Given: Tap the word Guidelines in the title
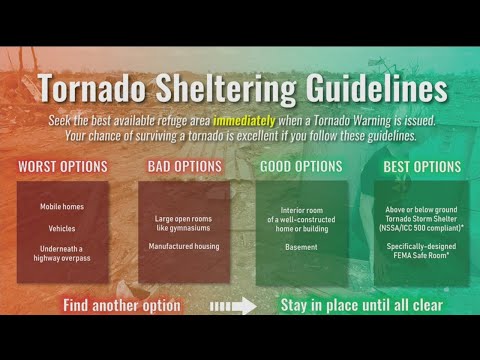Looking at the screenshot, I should pyautogui.click(x=371, y=88).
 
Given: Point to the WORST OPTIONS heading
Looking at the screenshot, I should pyautogui.click(x=63, y=166).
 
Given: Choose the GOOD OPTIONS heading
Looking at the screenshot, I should pyautogui.click(x=301, y=166).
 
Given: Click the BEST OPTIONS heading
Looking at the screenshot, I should pyautogui.click(x=417, y=166).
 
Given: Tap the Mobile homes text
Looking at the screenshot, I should pyautogui.click(x=63, y=206).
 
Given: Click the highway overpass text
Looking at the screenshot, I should pyautogui.click(x=63, y=258).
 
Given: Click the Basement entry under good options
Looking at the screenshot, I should pyautogui.click(x=301, y=246).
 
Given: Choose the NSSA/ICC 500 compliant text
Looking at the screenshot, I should pyautogui.click(x=420, y=228).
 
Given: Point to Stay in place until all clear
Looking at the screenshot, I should pyautogui.click(x=361, y=303).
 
